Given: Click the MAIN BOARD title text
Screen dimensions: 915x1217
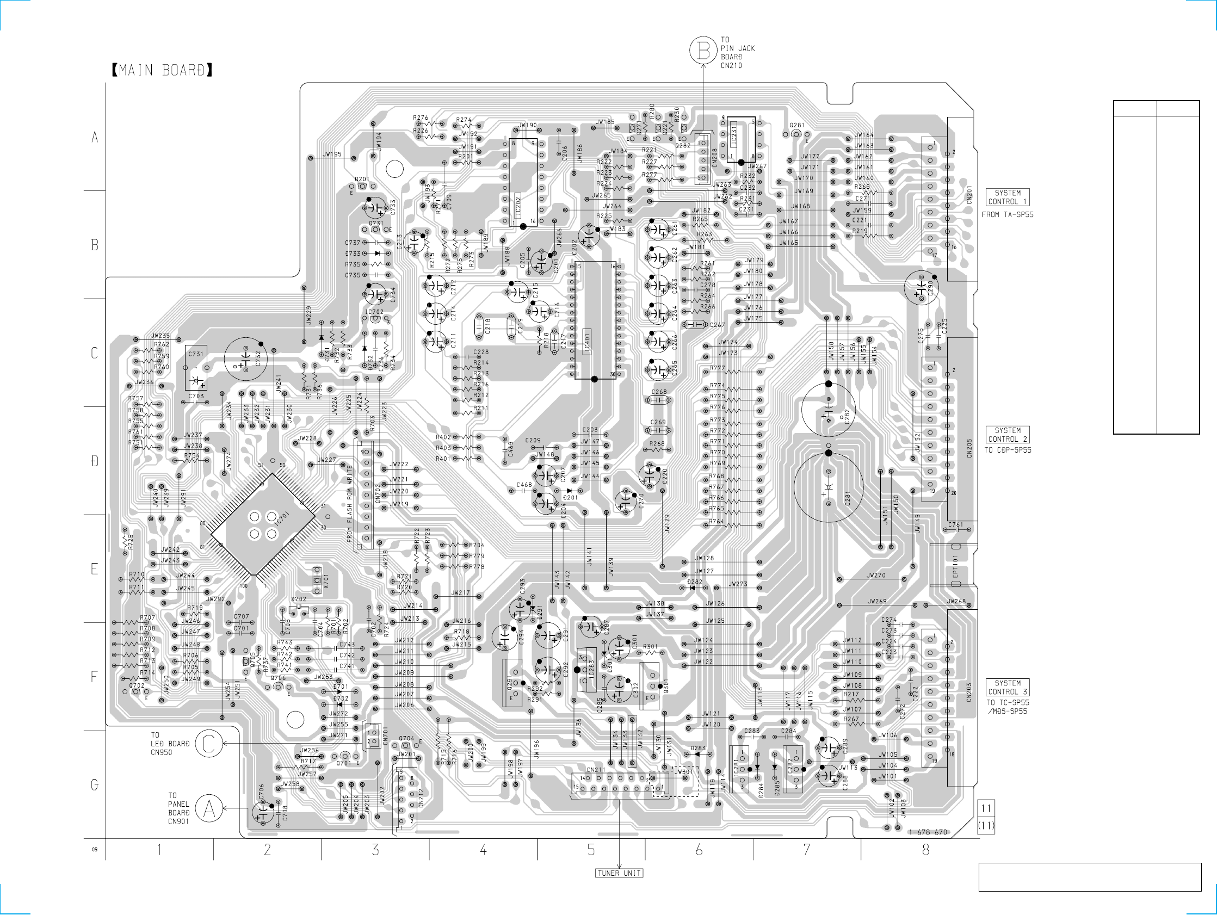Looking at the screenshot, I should click(x=162, y=70).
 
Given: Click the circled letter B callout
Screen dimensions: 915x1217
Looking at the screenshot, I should click(x=703, y=51).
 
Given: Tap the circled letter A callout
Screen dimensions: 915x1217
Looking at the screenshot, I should click(x=209, y=809).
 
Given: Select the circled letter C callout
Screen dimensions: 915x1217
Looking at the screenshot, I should click(x=208, y=743).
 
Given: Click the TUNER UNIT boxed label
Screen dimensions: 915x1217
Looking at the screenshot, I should click(x=619, y=873).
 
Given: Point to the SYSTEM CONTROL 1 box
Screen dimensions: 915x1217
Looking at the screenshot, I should click(x=1008, y=197).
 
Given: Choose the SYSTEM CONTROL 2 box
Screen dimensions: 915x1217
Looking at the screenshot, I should click(x=1008, y=435).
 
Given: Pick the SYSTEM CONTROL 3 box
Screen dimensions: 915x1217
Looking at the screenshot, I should click(x=1008, y=687).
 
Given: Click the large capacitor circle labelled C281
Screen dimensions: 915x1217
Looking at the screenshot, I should click(x=829, y=487).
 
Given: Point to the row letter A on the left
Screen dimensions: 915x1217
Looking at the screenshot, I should click(x=95, y=137).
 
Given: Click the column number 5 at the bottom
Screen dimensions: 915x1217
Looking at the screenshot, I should click(x=591, y=850).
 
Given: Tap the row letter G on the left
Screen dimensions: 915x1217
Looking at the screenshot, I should click(x=95, y=784).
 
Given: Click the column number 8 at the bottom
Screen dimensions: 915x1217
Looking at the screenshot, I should click(x=925, y=850).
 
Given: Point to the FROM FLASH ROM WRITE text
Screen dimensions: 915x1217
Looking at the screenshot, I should click(x=349, y=504).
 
